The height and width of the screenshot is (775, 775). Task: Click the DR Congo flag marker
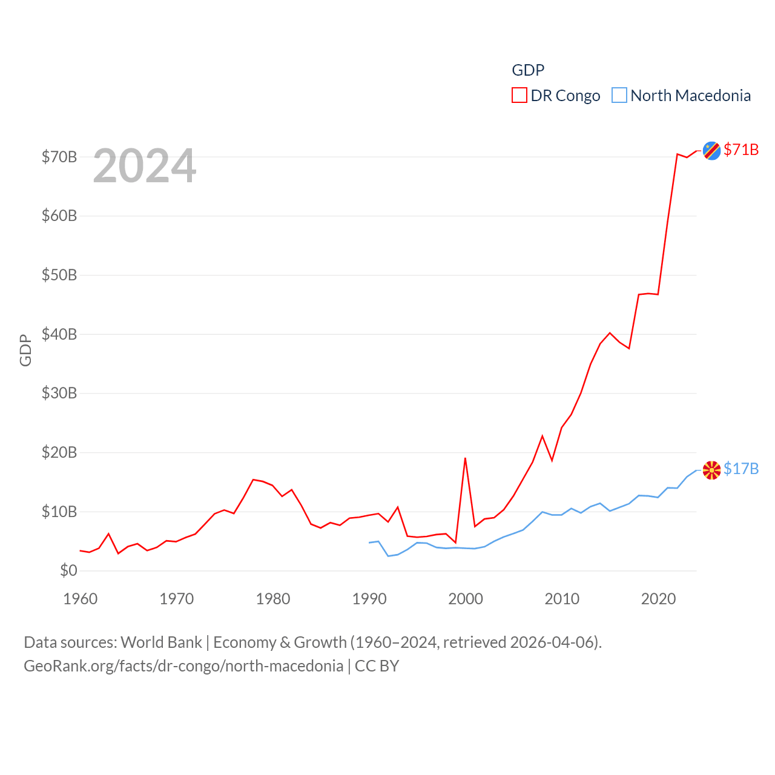tap(711, 151)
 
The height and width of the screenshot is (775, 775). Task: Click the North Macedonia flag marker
tap(711, 470)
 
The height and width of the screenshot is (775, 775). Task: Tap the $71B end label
tap(741, 150)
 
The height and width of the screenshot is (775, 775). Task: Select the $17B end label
tap(741, 469)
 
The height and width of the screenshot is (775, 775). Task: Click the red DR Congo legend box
tap(519, 96)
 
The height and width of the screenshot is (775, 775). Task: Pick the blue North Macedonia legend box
tap(619, 96)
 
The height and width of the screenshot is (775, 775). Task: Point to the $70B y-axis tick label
tap(59, 157)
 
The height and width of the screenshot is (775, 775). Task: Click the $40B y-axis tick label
tap(59, 334)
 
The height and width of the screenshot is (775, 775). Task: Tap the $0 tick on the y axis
tap(68, 570)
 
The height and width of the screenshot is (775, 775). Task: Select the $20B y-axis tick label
tap(59, 452)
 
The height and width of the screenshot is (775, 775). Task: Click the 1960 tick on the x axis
tap(80, 599)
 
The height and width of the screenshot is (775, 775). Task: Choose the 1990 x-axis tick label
tap(369, 599)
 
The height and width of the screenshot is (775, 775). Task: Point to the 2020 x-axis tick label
tap(658, 599)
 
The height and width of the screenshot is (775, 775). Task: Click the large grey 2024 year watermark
tap(145, 166)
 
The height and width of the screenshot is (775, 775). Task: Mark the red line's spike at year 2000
tap(465, 458)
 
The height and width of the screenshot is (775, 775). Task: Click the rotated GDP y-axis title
tap(25, 350)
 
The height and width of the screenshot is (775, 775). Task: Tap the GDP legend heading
tap(528, 70)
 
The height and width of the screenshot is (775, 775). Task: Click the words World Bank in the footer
tap(161, 642)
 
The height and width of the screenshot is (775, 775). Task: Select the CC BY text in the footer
tap(377, 666)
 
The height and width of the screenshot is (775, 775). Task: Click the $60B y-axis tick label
tap(59, 216)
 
